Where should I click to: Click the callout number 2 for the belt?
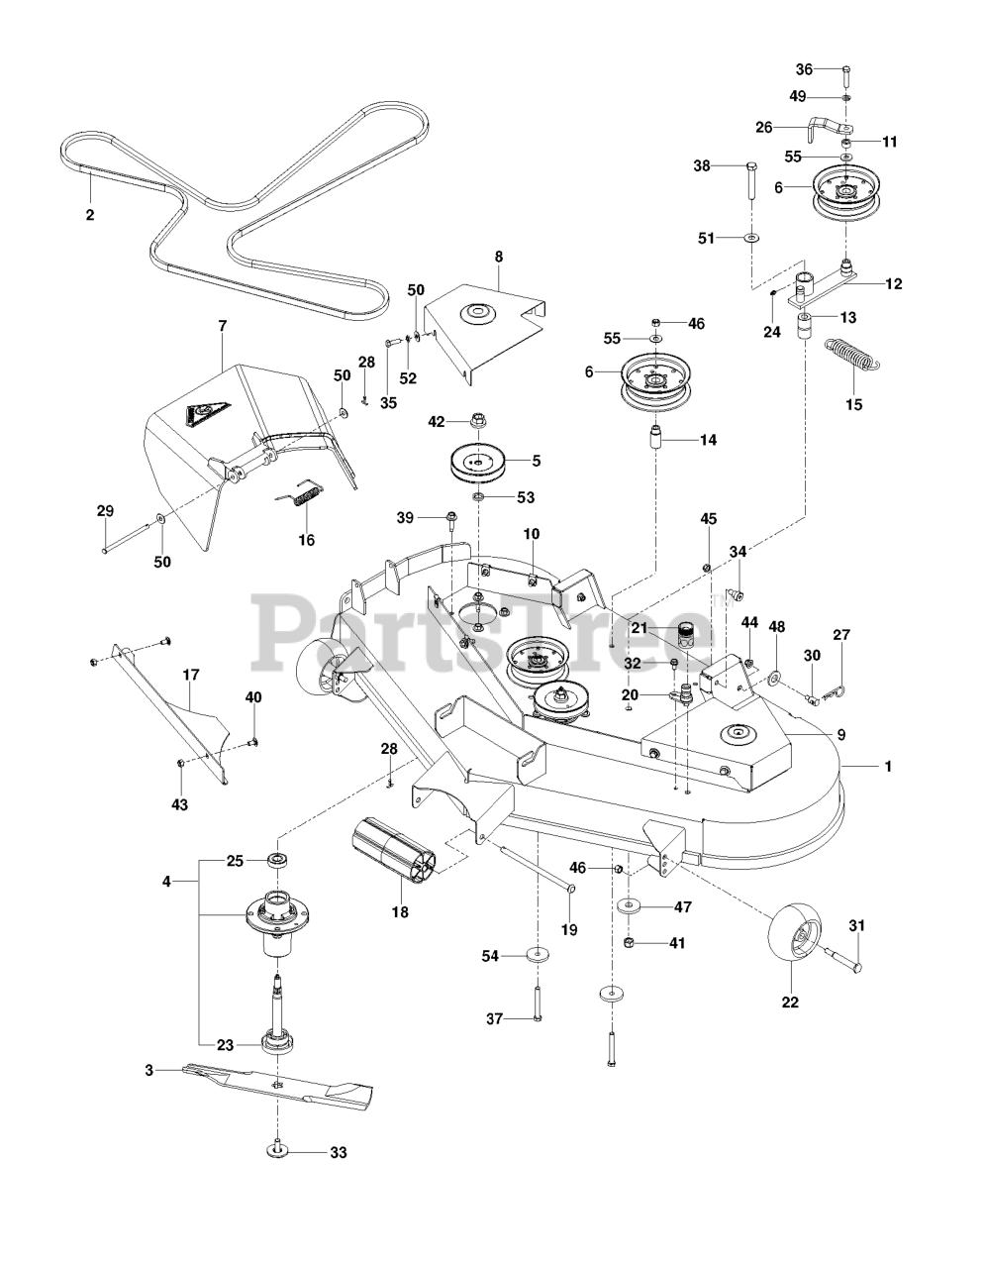click(x=89, y=214)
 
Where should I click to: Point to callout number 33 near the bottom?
click(x=339, y=1152)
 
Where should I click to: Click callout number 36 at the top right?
click(x=804, y=68)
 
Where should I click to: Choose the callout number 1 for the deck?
click(x=887, y=766)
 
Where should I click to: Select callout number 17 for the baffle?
click(x=191, y=675)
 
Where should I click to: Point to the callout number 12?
click(x=893, y=283)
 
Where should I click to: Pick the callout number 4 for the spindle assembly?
click(x=166, y=880)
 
